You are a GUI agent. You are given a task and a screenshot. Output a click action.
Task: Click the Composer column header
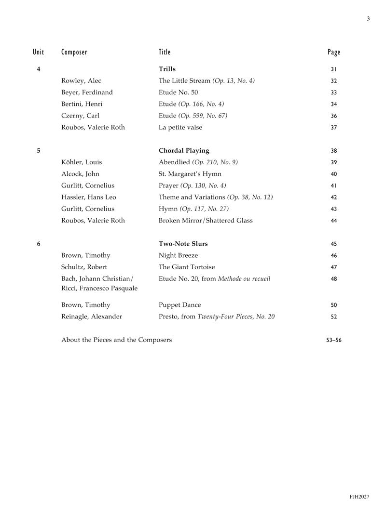coord(74,52)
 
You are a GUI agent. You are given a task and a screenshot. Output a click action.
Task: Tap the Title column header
coord(165,52)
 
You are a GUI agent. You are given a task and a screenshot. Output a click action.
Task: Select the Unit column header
coord(38,52)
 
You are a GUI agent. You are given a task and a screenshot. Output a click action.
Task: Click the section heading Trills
coord(167,69)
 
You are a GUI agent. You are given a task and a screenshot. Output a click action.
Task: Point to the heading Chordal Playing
coord(184,151)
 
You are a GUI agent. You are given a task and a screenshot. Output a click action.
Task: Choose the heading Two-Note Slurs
coord(183,244)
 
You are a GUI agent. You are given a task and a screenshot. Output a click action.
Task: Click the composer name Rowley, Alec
coord(81,81)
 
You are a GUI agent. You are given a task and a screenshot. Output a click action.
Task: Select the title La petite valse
coord(180,128)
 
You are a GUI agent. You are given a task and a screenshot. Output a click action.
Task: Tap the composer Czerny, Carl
coord(80,116)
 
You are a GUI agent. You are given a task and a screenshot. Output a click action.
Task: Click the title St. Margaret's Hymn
coord(190,174)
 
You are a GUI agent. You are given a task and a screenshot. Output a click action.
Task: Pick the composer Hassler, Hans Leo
coord(88,197)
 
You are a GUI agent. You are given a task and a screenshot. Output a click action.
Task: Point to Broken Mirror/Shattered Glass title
coord(206,221)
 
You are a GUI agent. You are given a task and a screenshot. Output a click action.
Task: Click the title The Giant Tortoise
coord(187,267)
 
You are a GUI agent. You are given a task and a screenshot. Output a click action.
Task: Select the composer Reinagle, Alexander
coord(92,316)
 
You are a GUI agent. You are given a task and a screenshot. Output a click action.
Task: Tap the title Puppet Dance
coord(179,305)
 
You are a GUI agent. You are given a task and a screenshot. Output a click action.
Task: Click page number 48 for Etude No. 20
coord(334,279)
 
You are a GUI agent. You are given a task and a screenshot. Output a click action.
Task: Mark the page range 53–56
coord(334,340)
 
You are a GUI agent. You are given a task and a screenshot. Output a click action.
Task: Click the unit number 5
coord(39,151)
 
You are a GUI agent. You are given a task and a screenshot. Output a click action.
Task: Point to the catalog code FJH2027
coord(359,497)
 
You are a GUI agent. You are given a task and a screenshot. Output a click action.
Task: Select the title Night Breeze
coord(178,255)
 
